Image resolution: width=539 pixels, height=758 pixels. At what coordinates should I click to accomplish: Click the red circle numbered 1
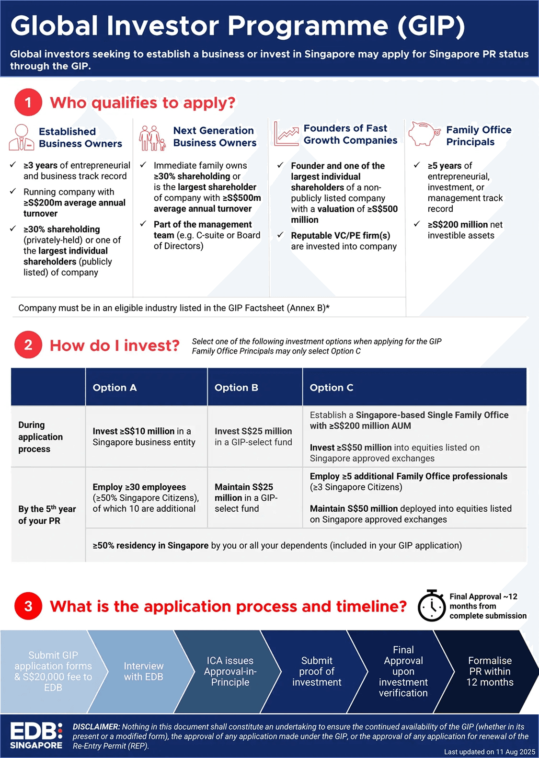point(28,102)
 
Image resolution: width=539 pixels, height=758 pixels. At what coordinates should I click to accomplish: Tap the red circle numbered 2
point(28,345)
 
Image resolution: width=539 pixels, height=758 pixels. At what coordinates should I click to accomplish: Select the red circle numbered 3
point(28,606)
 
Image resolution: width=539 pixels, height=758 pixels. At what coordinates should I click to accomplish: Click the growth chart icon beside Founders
point(286,134)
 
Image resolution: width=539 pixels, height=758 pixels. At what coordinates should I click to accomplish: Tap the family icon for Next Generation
point(152,138)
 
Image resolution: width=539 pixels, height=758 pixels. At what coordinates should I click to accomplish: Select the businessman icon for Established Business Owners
point(21,137)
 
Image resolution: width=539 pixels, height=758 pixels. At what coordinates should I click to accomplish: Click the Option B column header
point(236,388)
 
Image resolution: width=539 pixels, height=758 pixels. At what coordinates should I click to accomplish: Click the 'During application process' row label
point(41,436)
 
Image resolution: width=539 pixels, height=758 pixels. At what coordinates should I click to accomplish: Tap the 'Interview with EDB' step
point(143,671)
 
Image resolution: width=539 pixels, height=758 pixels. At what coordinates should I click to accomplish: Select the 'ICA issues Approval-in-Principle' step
point(230,671)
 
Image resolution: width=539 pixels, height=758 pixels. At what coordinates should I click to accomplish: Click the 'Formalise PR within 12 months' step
point(490,671)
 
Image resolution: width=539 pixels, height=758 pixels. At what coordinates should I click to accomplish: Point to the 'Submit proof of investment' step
point(317,671)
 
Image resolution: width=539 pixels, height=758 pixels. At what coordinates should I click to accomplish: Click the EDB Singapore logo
point(36,735)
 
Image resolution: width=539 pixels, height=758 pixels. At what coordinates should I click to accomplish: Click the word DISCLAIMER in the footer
point(96,726)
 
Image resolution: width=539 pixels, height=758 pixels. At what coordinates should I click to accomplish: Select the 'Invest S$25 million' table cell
point(253,436)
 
